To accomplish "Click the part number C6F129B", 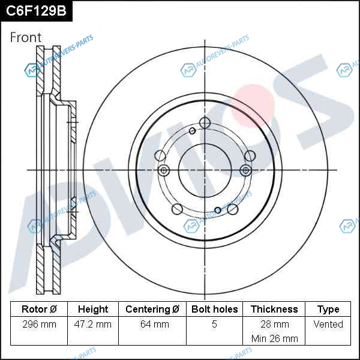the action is pyautogui.click(x=36, y=11).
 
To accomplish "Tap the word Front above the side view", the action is pyautogui.click(x=26, y=37).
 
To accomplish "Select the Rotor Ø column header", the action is pyautogui.click(x=39, y=309).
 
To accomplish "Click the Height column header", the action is pyautogui.click(x=93, y=309).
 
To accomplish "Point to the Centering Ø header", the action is pyautogui.click(x=152, y=309).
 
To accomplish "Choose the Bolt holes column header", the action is pyautogui.click(x=214, y=309).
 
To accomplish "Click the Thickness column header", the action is pyautogui.click(x=274, y=309).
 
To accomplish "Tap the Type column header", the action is pyautogui.click(x=328, y=310).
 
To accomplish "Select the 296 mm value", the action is pyautogui.click(x=39, y=325).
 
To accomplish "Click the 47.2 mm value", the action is pyautogui.click(x=93, y=325).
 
